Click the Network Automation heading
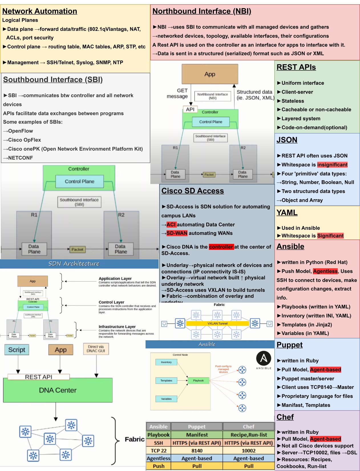click(40, 11)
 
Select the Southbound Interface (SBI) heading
click(53, 80)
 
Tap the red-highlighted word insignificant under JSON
click(332, 165)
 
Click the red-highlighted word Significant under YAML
click(330, 236)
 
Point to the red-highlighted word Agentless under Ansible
click(325, 271)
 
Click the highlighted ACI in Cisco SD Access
click(171, 225)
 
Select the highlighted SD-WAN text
click(177, 233)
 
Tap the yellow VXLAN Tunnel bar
click(217, 324)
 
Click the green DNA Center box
click(58, 391)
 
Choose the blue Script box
click(17, 350)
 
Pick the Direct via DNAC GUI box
click(96, 349)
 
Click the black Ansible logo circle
click(264, 358)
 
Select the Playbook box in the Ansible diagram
click(198, 381)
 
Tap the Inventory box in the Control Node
click(166, 362)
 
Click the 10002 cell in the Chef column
click(248, 451)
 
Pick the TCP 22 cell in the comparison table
click(158, 451)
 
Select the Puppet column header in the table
click(197, 427)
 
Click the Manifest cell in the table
click(197, 435)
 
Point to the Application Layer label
click(115, 279)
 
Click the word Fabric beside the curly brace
click(134, 439)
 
